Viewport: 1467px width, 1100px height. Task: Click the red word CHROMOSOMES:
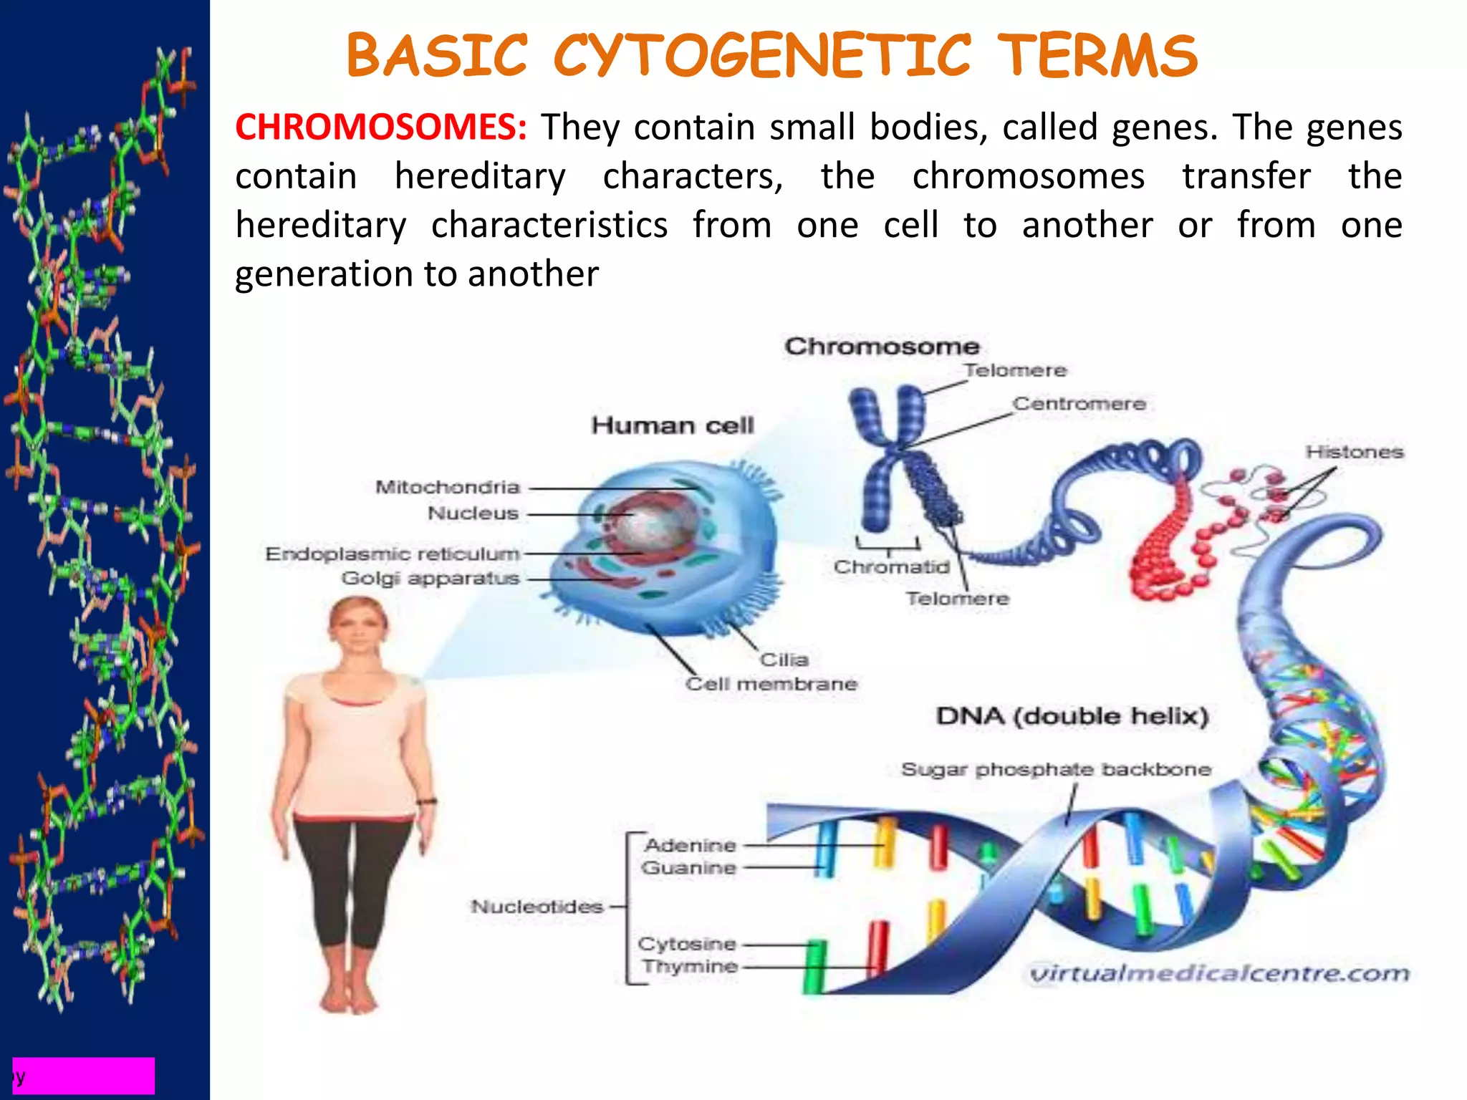click(380, 127)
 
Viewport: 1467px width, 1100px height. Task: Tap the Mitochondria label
click(448, 488)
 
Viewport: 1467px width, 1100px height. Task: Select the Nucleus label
click(473, 513)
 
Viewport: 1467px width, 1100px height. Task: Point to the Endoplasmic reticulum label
click(392, 554)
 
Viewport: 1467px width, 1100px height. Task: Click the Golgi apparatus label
click(430, 579)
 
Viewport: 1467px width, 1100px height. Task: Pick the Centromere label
click(1079, 404)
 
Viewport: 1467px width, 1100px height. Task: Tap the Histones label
click(1354, 453)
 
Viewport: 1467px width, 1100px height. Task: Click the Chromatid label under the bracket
click(891, 567)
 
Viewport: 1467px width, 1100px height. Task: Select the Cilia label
click(784, 660)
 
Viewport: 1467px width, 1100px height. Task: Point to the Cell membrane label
click(771, 684)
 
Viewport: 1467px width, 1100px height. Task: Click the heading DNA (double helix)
click(1072, 716)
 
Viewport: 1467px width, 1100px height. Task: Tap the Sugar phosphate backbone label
click(1056, 770)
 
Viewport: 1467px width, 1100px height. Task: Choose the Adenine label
click(690, 846)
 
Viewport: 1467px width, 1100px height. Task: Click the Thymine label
click(690, 967)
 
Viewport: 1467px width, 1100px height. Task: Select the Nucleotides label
click(537, 907)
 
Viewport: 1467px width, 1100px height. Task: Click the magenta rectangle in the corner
click(84, 1075)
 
